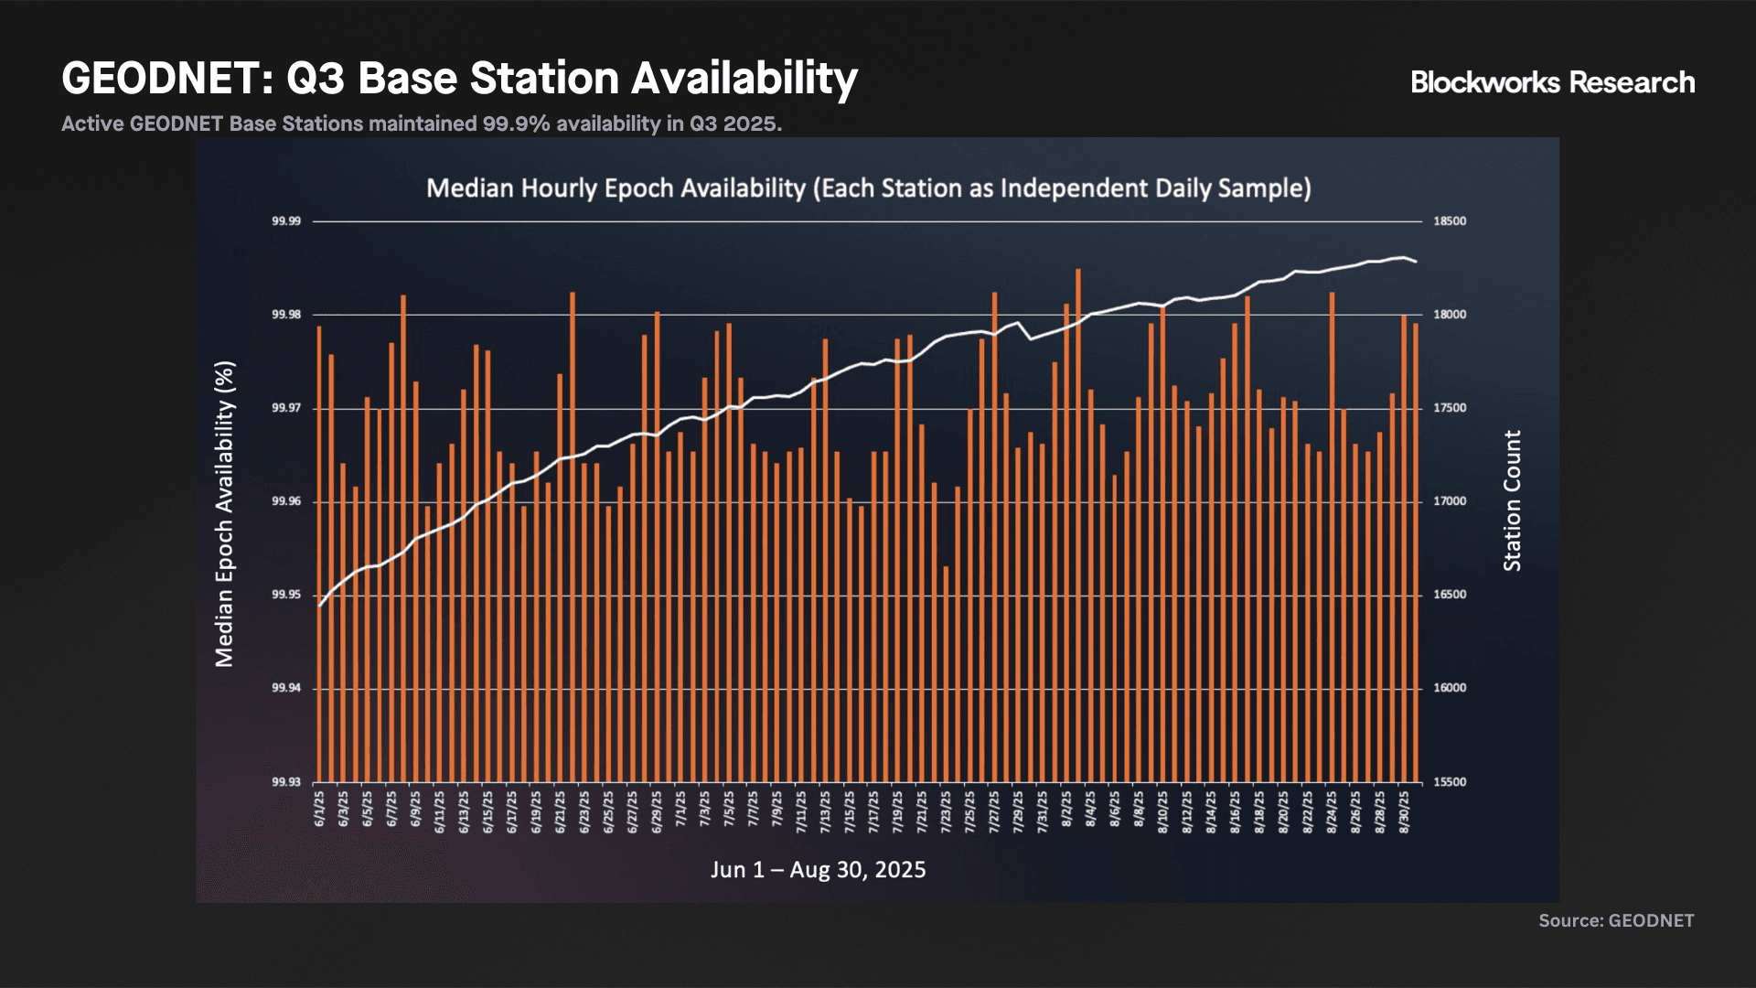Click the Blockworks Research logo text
pyautogui.click(x=1552, y=82)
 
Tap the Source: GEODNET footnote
pyautogui.click(x=1616, y=920)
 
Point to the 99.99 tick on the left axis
pyautogui.click(x=286, y=221)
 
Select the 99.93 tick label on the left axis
pyautogui.click(x=286, y=782)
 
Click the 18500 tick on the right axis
pyautogui.click(x=1450, y=221)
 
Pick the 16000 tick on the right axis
pyautogui.click(x=1450, y=688)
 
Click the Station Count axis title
pyautogui.click(x=1513, y=501)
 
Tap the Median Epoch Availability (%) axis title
pyautogui.click(x=225, y=514)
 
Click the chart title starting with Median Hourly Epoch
pyautogui.click(x=869, y=188)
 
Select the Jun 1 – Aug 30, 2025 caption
pyautogui.click(x=819, y=870)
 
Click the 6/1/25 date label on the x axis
pyautogui.click(x=319, y=810)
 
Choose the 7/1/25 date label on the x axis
pyautogui.click(x=680, y=810)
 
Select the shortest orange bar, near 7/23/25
pyautogui.click(x=947, y=674)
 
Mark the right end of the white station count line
pyautogui.click(x=1416, y=263)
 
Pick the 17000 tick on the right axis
pyautogui.click(x=1450, y=501)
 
